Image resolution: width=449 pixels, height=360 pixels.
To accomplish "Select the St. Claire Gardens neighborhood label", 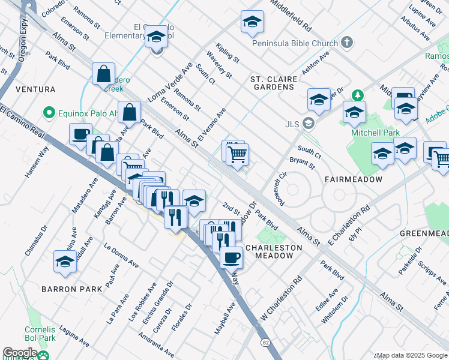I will (x=272, y=83).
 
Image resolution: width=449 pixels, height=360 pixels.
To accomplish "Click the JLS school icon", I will (x=309, y=124).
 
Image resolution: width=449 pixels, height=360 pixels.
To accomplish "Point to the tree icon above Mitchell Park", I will (x=358, y=96).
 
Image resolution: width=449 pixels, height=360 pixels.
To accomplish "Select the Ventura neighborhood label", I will (x=35, y=89).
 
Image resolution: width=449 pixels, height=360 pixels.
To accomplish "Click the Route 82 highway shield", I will (x=265, y=342).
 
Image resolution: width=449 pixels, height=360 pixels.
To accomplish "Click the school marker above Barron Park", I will (x=65, y=262).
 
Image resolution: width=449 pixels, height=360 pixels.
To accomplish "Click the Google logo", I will (x=20, y=353).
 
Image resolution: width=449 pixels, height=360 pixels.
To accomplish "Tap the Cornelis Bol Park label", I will (x=41, y=334).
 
